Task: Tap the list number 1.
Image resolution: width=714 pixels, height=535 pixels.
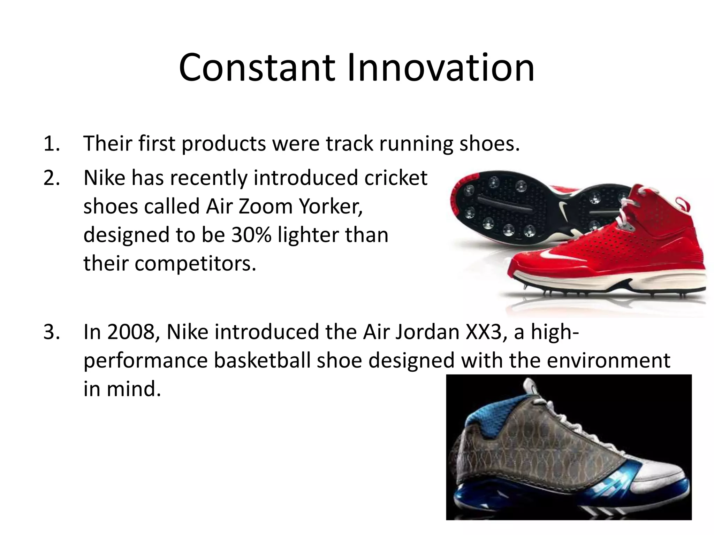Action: coord(51,144)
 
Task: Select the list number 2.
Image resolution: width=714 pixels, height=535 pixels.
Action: coord(51,178)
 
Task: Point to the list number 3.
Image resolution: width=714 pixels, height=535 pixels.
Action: coord(51,332)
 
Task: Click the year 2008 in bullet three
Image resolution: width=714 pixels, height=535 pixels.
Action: coord(133,332)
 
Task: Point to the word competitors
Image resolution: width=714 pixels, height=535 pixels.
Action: coord(195,264)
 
